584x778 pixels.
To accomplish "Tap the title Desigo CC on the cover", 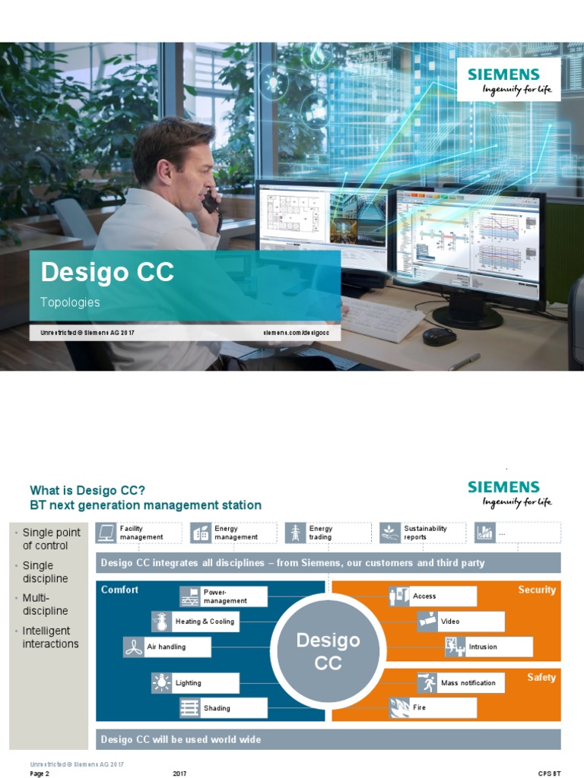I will coord(107,271).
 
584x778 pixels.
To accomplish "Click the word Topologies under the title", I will coord(70,302).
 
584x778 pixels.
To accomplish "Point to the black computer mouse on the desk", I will coord(439,336).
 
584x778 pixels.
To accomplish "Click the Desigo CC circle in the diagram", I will coord(328,650).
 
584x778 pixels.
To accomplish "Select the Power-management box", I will coord(224,596).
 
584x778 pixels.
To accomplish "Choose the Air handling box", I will coord(155,647).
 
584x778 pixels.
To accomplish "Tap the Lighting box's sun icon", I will coord(162,683).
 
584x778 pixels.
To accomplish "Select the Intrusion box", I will coord(488,647).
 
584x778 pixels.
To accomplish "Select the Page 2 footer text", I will coord(40,773).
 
